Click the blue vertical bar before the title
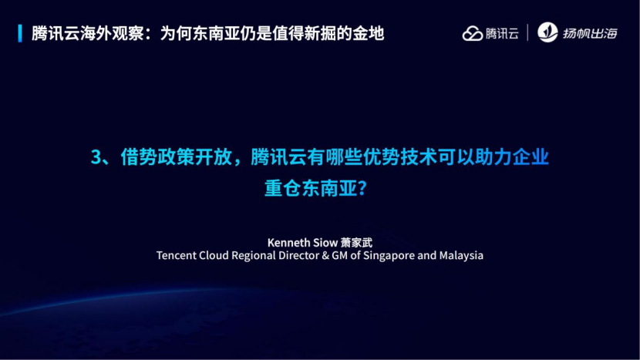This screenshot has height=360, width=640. (20, 33)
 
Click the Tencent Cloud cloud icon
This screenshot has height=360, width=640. (472, 33)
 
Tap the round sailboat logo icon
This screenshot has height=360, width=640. (547, 32)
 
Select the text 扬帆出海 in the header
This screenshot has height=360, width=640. (590, 33)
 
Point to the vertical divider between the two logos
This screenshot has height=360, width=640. (527, 32)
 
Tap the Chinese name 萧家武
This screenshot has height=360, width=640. (356, 243)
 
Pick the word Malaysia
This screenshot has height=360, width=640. (461, 255)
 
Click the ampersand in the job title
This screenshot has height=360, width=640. (325, 255)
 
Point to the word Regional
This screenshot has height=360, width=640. (254, 256)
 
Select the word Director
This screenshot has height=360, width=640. (298, 255)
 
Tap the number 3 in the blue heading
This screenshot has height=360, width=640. (96, 157)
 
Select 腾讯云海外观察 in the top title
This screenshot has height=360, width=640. (87, 33)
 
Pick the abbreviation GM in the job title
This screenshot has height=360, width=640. (339, 255)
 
